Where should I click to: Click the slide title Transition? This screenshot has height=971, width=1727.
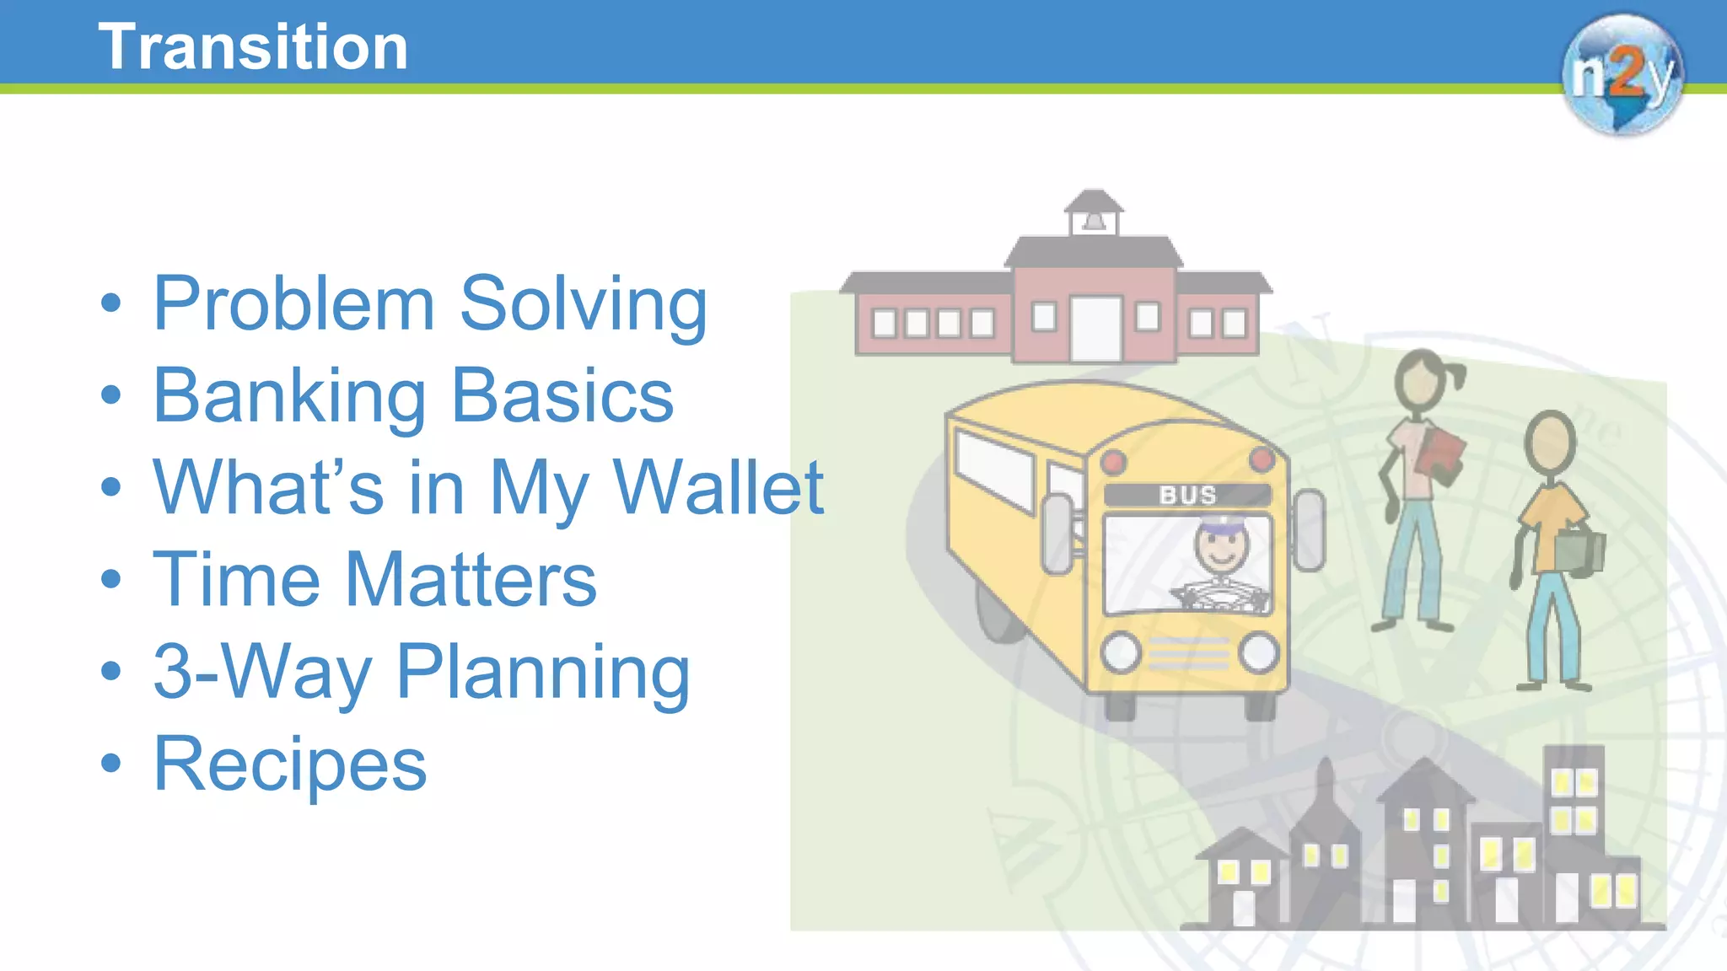coord(253,47)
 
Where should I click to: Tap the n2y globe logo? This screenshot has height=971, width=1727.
coord(1622,74)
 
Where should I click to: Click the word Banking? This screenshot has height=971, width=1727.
coord(289,396)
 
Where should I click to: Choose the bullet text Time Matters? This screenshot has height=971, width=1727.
coord(374,579)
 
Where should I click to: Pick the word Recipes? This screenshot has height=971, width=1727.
coord(289,764)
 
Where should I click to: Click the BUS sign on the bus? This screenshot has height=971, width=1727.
coord(1187,495)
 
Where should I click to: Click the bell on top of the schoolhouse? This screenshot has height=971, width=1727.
coord(1094,221)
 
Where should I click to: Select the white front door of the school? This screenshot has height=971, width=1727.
coord(1095,329)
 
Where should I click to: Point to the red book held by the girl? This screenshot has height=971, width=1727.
coord(1442,455)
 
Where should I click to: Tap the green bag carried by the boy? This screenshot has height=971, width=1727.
coord(1579,552)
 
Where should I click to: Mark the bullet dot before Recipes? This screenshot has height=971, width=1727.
coord(110,763)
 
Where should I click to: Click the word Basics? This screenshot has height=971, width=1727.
coord(562,396)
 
